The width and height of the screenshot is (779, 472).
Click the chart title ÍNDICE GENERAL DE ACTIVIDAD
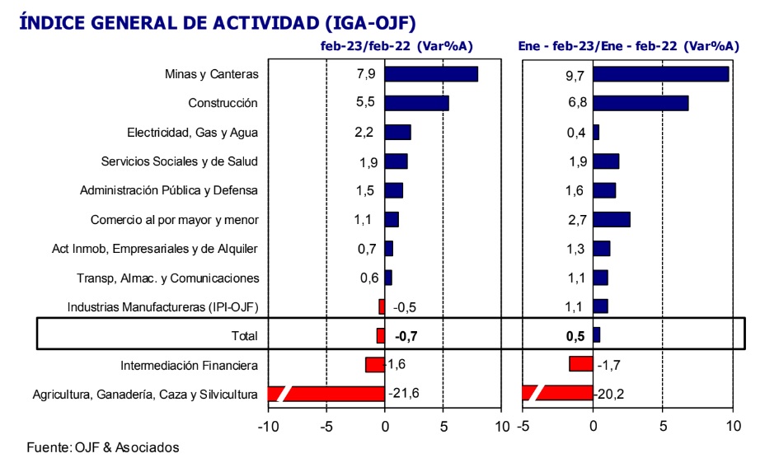coord(217,21)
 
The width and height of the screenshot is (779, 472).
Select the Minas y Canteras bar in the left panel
coord(431,74)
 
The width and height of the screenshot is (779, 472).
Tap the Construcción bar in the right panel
coord(641,103)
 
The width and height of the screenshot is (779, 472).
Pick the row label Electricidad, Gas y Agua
coord(192,133)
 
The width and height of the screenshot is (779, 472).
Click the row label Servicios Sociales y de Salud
coord(180,161)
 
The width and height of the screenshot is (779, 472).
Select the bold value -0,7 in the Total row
coord(406,336)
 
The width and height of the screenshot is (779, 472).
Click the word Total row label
coord(244,336)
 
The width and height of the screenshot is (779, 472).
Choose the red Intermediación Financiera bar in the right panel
coord(581,363)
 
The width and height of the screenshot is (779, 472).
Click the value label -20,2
coord(611,394)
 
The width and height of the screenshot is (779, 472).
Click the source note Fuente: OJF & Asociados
coord(103,447)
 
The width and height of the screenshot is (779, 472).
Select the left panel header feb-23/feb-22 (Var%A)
coord(397,46)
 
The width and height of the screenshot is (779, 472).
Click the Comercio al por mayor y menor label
coord(174,220)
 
